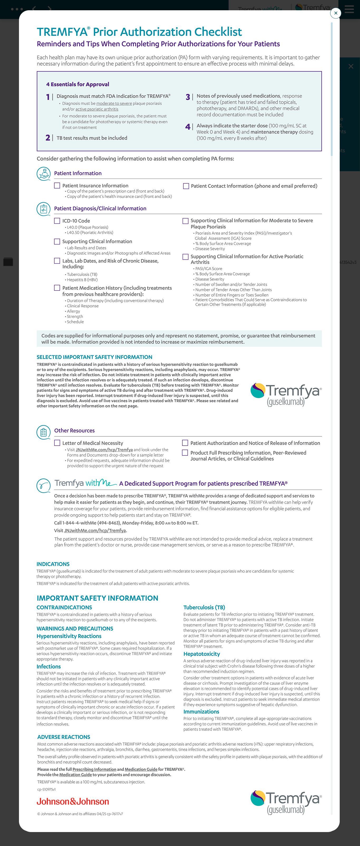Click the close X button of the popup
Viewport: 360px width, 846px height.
(335, 13)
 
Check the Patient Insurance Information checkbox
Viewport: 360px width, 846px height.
(57, 185)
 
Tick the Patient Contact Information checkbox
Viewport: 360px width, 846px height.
(186, 186)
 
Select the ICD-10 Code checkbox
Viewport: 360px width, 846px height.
(57, 221)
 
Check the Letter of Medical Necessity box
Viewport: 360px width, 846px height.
(57, 443)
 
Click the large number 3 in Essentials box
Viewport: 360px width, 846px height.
(188, 97)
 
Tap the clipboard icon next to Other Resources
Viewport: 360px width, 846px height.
(43, 432)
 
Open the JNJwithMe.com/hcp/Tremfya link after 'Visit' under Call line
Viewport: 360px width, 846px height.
(95, 530)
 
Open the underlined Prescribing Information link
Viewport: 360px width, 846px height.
(94, 769)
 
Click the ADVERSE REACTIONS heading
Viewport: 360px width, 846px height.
(64, 737)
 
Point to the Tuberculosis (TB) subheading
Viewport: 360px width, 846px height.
(204, 607)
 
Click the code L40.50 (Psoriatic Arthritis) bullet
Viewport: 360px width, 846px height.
(90, 233)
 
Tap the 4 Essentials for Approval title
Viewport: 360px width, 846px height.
(77, 84)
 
